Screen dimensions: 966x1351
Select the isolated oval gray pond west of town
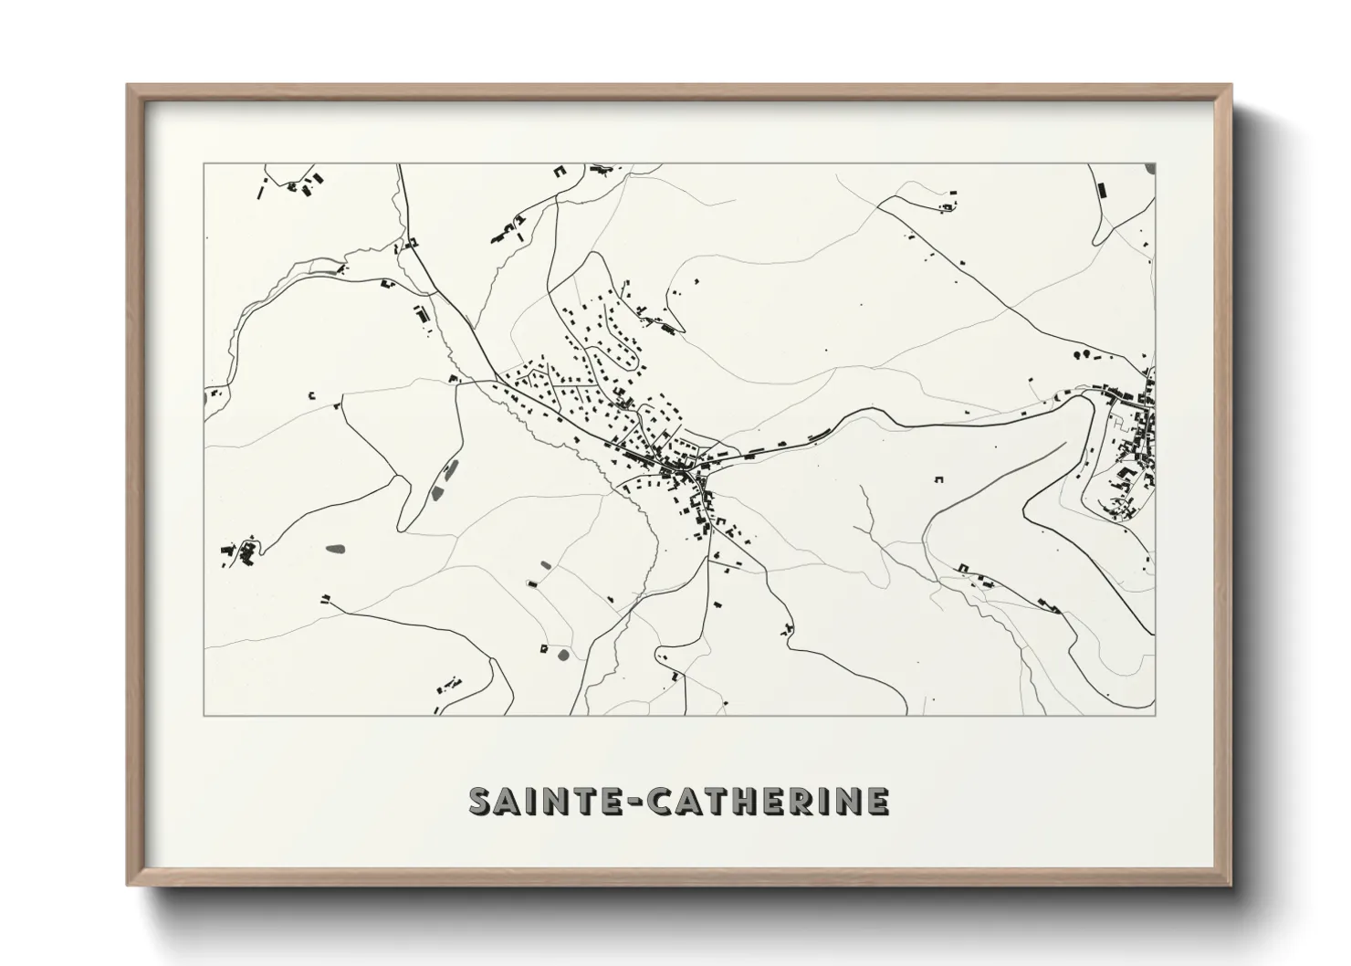click(x=335, y=549)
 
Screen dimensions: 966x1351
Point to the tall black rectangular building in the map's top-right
click(x=1101, y=190)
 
